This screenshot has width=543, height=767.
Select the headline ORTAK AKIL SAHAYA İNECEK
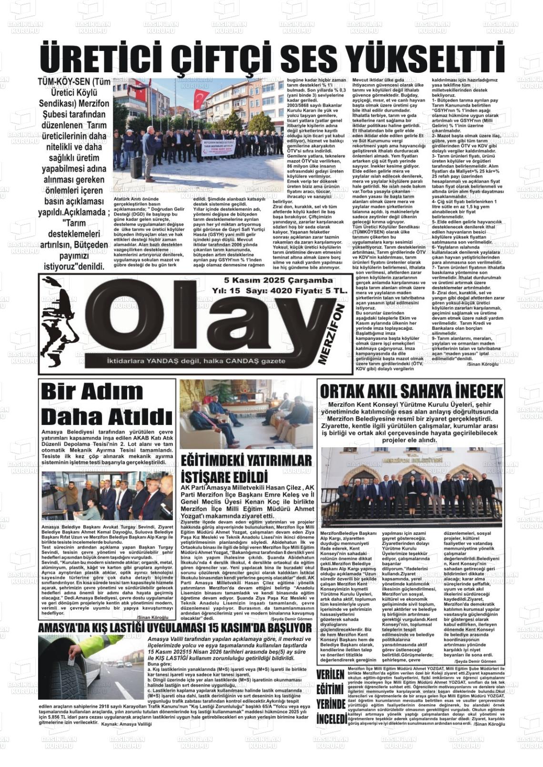pyautogui.click(x=411, y=391)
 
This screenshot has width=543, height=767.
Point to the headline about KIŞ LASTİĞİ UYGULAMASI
pyautogui.click(x=175, y=628)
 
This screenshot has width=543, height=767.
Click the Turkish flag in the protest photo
pyautogui.click(x=201, y=98)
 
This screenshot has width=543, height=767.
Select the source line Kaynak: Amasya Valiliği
pyautogui.click(x=126, y=724)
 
